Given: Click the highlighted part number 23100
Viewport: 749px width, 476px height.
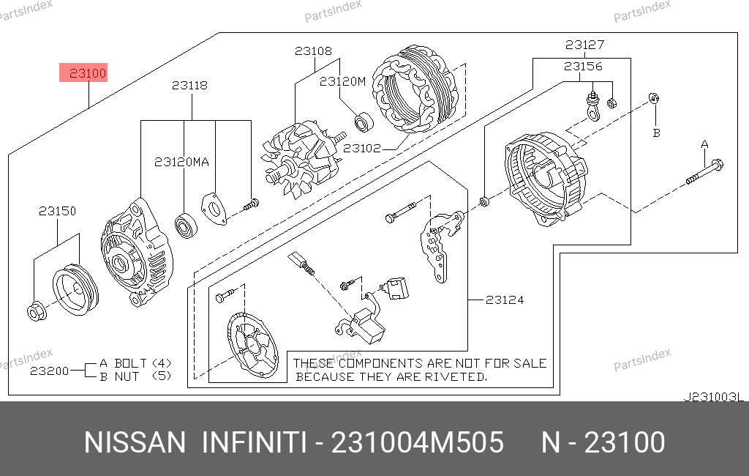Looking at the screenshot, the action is [88, 73].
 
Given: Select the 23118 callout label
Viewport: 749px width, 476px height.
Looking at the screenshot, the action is [189, 85].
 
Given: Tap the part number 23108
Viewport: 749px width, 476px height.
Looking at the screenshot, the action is [313, 51].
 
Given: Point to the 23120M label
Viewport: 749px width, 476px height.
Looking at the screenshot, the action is [342, 81].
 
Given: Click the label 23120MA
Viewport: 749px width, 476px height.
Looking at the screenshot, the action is [181, 162].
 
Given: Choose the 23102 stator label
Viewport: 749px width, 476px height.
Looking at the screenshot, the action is [361, 149].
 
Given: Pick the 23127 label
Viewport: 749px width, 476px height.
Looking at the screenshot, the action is [584, 45].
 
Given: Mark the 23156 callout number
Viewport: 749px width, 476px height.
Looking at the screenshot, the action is [583, 67].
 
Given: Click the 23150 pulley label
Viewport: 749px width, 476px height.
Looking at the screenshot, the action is [57, 211].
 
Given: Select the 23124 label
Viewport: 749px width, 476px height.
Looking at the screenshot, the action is [505, 300].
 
